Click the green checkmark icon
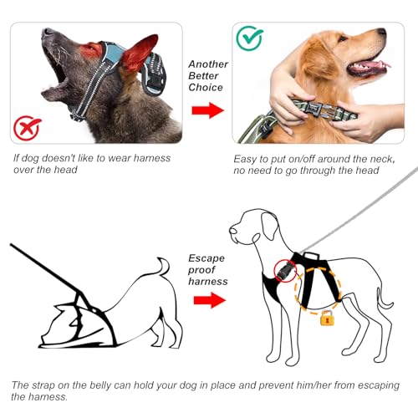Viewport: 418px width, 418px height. (x=248, y=38)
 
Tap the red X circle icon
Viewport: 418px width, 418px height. (x=28, y=129)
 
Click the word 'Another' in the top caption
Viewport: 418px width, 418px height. (x=207, y=64)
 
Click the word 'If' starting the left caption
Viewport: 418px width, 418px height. (x=18, y=159)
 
